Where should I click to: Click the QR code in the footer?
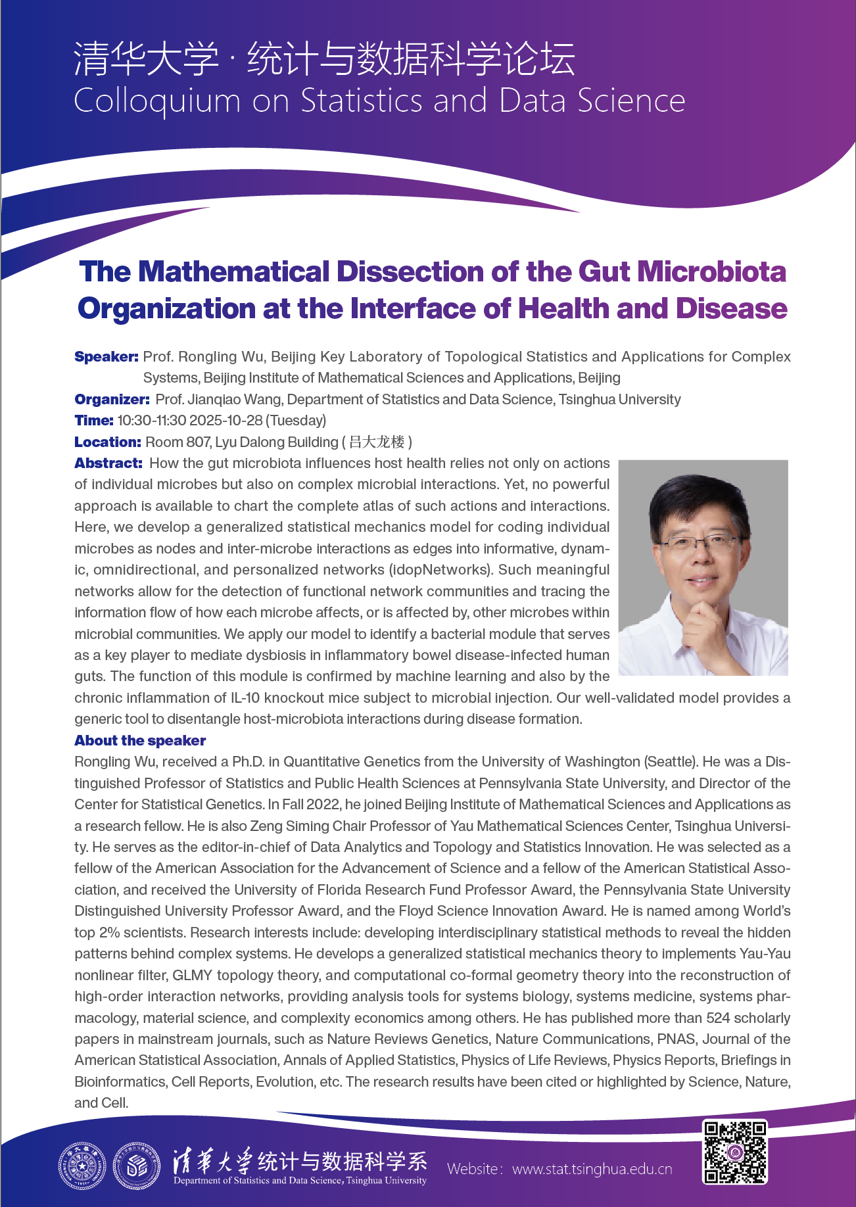point(735,1152)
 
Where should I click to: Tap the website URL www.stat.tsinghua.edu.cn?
point(592,1169)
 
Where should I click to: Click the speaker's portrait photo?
point(703,567)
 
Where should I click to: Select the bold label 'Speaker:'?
point(107,357)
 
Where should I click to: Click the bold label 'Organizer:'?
point(112,400)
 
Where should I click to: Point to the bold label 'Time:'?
point(94,421)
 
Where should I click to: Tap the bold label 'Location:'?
point(108,442)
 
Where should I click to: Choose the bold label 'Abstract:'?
point(108,463)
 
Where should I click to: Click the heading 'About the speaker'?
point(140,741)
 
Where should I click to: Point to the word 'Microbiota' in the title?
point(711,272)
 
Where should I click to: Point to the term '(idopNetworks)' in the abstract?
point(440,570)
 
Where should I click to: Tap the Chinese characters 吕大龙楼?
point(377,442)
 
